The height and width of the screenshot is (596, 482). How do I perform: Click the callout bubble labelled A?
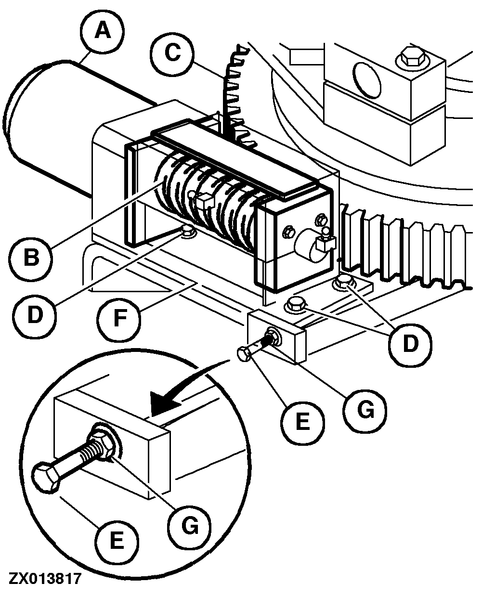102,31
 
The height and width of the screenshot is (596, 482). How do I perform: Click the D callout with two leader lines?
410,343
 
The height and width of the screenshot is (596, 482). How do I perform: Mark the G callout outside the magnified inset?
364,410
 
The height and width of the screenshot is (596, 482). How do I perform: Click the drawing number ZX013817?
44,578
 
